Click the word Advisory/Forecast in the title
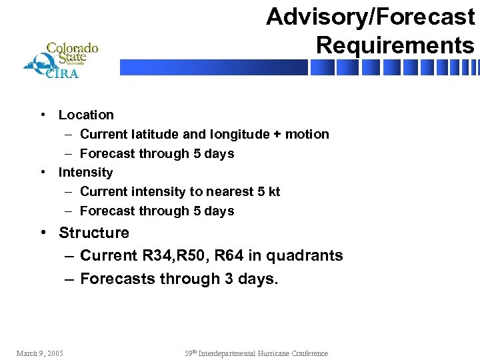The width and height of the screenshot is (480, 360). [x=370, y=17]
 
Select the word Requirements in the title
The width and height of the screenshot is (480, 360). [x=395, y=45]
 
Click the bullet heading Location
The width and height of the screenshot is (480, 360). [x=86, y=115]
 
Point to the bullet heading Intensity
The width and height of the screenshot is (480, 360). [x=85, y=173]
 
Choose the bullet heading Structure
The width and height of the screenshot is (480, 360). [x=94, y=233]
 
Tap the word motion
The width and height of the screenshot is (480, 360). [x=307, y=135]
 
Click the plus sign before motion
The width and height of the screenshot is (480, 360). [x=276, y=135]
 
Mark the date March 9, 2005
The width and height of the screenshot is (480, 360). [x=39, y=353]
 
